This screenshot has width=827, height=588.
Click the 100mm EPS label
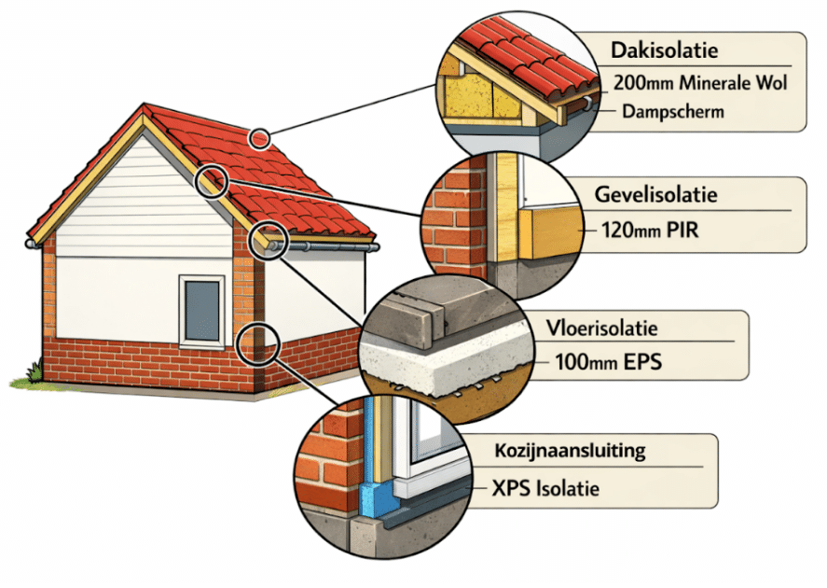pos(608,360)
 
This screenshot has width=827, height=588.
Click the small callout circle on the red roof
pos(260,139)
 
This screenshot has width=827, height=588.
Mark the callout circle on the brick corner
pos(255,343)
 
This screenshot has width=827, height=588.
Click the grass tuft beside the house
pos(34,373)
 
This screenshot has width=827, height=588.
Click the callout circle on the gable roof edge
pos(214,181)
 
